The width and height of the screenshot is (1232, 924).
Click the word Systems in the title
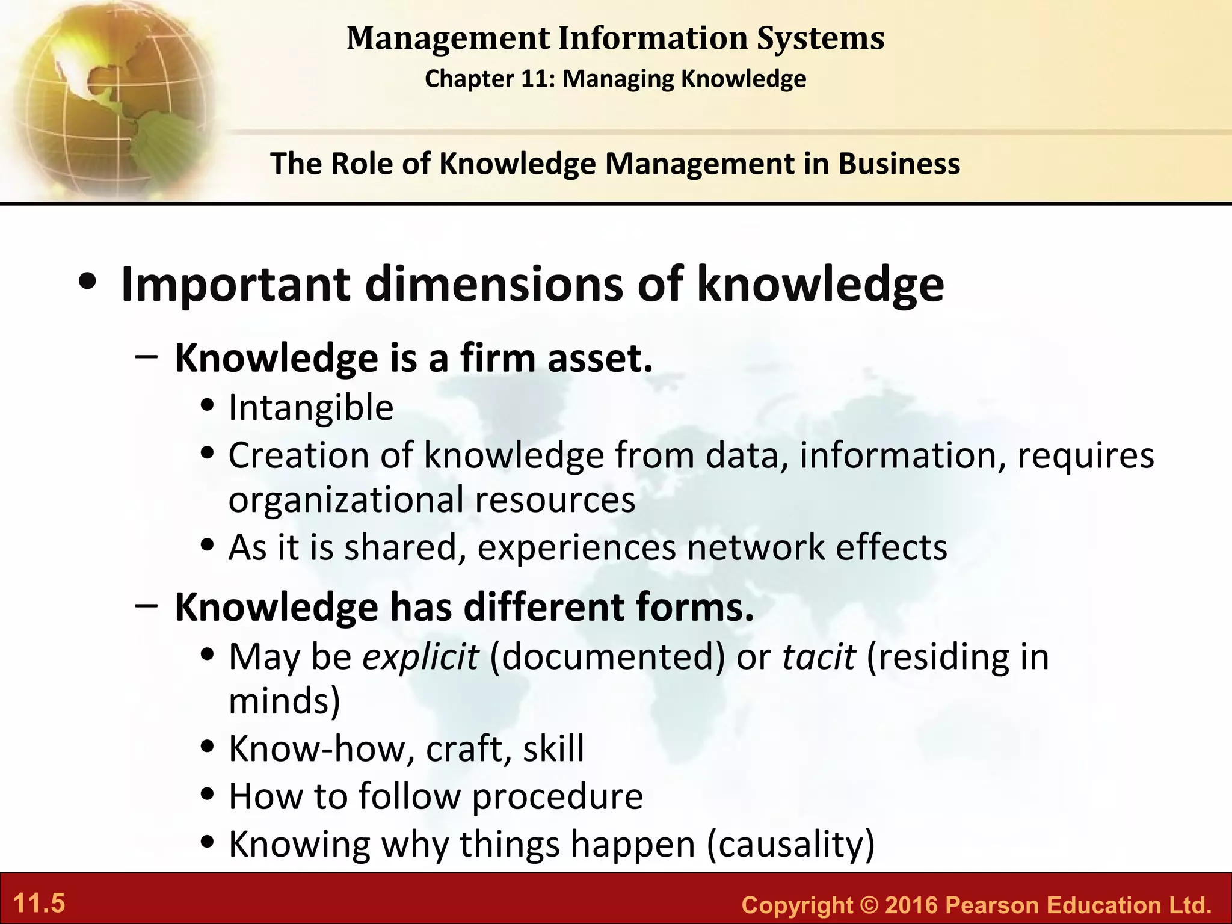point(821,38)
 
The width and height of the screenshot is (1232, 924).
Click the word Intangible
point(311,408)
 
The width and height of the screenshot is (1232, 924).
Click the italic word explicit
point(420,656)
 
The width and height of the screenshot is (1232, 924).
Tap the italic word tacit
point(818,656)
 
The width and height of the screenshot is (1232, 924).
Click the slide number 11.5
point(39,904)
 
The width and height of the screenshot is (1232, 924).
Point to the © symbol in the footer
point(869,905)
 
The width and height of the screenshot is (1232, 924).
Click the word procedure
point(557,796)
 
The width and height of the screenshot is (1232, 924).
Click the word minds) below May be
point(285,701)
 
